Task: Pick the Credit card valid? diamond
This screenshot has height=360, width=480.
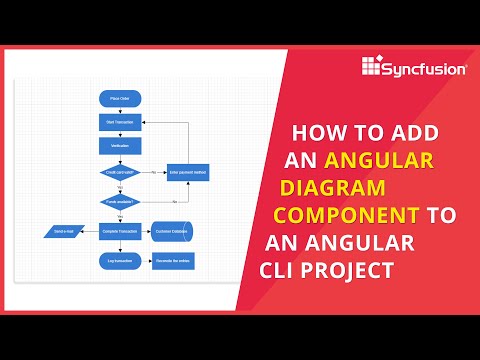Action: [x=120, y=172]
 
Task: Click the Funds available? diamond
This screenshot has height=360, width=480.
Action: [x=120, y=202]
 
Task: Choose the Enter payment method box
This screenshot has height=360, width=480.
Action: [x=187, y=172]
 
